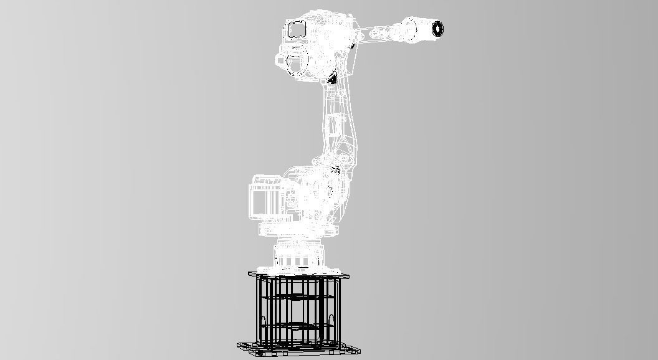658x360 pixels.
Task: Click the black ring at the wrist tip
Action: click(x=437, y=28)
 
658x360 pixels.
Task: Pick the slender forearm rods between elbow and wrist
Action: click(x=380, y=31)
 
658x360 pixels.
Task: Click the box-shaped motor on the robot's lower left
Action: click(x=267, y=198)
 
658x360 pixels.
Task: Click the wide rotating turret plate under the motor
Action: click(x=298, y=230)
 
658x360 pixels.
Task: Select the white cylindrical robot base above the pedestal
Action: click(x=298, y=255)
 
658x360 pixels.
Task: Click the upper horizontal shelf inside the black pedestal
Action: click(x=298, y=298)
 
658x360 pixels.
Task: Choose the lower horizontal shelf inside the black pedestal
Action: click(x=298, y=324)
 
